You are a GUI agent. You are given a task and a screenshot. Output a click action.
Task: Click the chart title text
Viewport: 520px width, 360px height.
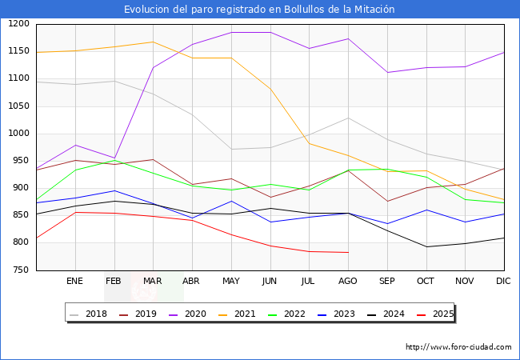259,9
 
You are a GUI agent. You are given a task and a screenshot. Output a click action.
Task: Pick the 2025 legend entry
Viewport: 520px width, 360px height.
436,314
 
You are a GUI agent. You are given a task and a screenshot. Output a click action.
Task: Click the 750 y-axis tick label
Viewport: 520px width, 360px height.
21,270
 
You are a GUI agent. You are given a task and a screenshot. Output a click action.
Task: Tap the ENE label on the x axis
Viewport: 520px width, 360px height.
74,282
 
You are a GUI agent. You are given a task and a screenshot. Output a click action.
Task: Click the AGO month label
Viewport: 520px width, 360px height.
347,282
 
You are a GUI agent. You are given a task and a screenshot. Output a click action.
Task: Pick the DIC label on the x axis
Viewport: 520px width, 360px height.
503,282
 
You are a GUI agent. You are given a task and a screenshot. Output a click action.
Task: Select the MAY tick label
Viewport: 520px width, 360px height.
230,282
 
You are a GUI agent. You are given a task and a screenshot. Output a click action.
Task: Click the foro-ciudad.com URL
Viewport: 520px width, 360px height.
458,347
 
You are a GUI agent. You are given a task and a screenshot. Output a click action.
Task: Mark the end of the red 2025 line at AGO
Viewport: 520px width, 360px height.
347,252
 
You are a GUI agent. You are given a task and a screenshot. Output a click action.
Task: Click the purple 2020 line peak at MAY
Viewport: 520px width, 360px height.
230,32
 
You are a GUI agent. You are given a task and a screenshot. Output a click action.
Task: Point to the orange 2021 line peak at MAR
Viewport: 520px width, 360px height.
153,42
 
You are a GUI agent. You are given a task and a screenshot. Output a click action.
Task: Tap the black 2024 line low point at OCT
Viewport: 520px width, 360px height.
426,246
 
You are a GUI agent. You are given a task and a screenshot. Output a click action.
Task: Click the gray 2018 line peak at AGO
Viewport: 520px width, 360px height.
347,118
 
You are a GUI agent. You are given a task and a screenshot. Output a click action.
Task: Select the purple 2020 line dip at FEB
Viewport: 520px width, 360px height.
114,158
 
